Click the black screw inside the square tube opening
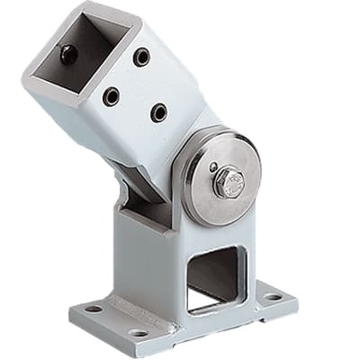pyautogui.click(x=68, y=54)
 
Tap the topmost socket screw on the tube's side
pyautogui.click(x=141, y=58)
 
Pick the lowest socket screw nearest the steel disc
pyautogui.click(x=158, y=112)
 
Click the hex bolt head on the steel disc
pyautogui.click(x=227, y=182)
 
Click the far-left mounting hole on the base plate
pyautogui.click(x=91, y=309)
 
